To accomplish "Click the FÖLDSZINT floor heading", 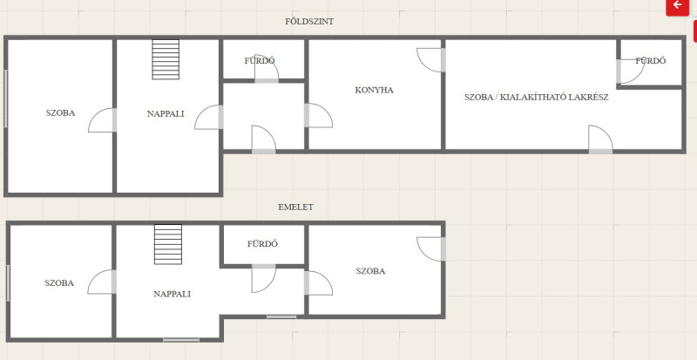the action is [309, 22].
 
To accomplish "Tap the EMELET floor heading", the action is [295, 207].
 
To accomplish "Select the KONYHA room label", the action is [375, 90].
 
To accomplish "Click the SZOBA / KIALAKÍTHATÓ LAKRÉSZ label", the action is [537, 97].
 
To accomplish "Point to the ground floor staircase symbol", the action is [166, 59].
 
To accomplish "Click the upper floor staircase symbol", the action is [168, 244].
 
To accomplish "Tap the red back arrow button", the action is [678, 6].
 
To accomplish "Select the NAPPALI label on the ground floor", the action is [166, 114].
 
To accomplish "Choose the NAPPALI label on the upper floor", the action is [172, 294].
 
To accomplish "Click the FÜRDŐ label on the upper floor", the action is [263, 244].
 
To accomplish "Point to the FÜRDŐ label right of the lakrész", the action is [651, 61].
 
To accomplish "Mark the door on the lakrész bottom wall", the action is [600, 139].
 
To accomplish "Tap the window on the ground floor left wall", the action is [6, 98].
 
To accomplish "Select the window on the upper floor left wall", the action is [8, 283].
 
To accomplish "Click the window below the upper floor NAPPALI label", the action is [181, 340].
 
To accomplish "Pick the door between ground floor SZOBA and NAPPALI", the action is [102, 120].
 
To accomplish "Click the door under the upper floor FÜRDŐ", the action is [264, 279].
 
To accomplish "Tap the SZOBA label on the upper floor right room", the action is [370, 271].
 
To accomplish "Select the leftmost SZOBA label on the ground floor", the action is [60, 113].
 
